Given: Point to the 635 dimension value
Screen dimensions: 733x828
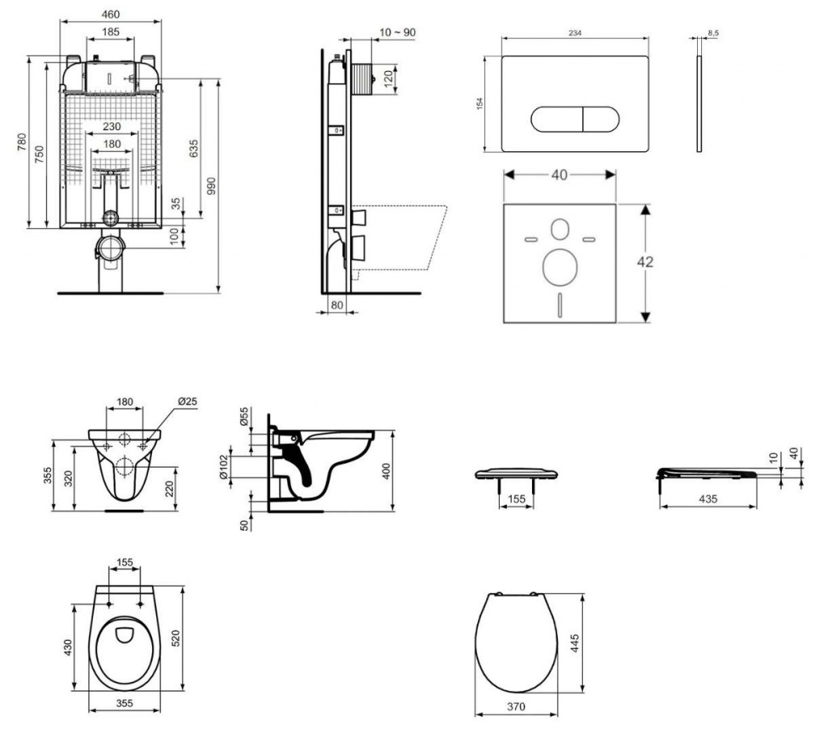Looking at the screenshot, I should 192,148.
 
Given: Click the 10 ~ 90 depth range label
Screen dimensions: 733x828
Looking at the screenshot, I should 395,32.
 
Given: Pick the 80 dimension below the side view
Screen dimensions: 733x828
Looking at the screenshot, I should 336,306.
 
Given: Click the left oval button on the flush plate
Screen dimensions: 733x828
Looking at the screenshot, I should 556,120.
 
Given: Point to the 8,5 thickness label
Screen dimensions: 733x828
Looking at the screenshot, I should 714,32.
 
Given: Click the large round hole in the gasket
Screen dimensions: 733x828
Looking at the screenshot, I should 560,267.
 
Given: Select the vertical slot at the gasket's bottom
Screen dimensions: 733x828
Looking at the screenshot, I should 560,306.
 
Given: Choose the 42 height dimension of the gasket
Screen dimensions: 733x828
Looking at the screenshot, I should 645,262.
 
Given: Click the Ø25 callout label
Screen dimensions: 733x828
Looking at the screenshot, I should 187,402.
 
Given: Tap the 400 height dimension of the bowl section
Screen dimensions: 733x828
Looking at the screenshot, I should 387,471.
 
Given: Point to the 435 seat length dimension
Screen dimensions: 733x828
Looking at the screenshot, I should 708,499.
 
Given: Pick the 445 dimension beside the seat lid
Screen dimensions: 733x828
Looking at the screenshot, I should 576,644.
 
